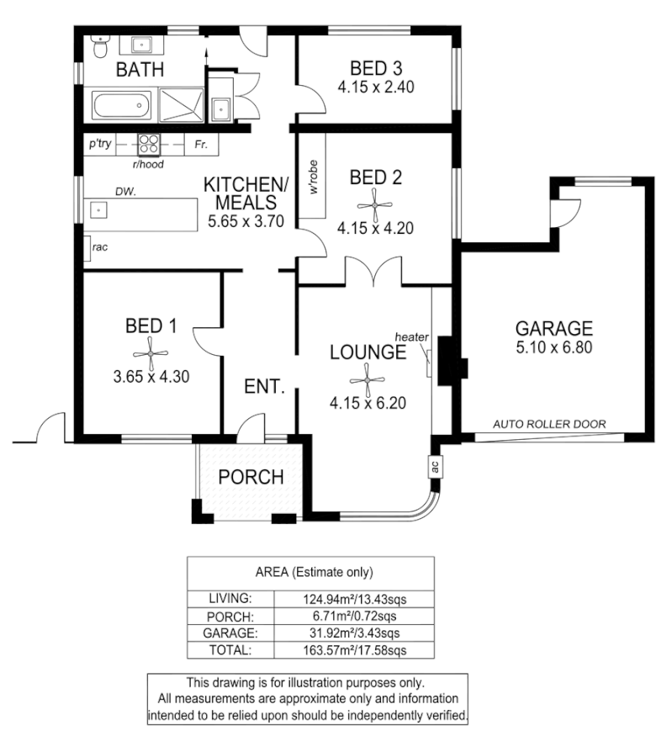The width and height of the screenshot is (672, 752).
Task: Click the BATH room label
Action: (x=140, y=70)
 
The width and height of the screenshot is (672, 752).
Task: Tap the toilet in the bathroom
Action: (x=100, y=45)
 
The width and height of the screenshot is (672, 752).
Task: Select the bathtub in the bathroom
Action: (x=121, y=107)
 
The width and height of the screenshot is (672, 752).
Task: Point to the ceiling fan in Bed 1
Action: (x=151, y=352)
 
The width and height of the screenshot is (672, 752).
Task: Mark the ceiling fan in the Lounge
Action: (x=368, y=377)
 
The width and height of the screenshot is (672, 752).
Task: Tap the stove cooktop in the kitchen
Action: (x=149, y=144)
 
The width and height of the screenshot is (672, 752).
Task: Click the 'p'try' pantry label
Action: (x=100, y=145)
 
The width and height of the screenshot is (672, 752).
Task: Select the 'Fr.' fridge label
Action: (x=201, y=145)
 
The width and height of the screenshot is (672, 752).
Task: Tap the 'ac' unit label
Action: (x=435, y=469)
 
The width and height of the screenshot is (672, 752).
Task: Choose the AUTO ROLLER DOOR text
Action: (x=549, y=424)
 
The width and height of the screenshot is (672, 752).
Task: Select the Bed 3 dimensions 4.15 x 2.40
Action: (x=377, y=87)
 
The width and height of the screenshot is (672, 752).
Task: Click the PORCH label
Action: (x=251, y=477)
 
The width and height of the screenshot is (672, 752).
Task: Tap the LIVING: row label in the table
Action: (x=230, y=599)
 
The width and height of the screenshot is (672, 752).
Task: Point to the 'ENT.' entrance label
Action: (x=265, y=388)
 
